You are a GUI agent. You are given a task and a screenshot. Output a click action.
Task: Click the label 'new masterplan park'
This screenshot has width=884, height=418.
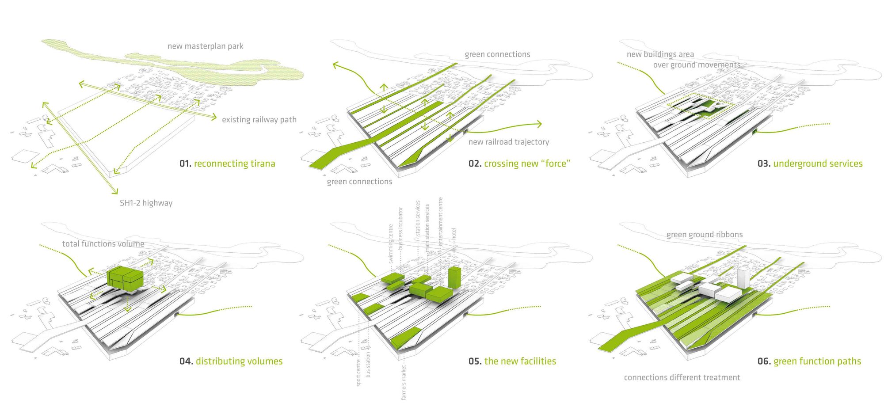[x=205, y=46]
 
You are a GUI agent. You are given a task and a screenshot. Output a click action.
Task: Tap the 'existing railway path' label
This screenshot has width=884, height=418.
[x=259, y=120]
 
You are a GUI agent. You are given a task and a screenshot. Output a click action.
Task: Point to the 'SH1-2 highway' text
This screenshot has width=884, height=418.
[x=146, y=203]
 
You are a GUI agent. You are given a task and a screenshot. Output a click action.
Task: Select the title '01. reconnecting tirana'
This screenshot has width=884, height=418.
[x=227, y=163]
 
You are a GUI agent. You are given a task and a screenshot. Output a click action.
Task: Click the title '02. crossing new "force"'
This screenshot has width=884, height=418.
[x=519, y=163]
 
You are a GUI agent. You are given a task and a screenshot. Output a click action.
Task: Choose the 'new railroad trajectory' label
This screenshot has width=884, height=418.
[x=509, y=142]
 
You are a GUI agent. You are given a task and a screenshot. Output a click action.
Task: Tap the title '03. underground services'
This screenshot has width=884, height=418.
[x=810, y=163]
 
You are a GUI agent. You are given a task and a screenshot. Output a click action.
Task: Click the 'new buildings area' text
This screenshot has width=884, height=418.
[x=660, y=54]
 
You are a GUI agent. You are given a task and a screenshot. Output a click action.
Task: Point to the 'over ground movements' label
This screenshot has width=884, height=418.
[x=697, y=65]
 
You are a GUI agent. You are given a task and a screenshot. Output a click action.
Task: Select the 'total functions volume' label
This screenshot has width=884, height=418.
[x=103, y=244]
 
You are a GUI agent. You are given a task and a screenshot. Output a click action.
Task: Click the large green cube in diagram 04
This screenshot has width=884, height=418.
[x=125, y=278]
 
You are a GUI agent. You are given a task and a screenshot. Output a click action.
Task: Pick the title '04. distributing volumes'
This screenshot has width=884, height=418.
[x=231, y=361]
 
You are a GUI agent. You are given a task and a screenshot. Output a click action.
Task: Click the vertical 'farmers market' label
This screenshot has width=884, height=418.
[x=404, y=382]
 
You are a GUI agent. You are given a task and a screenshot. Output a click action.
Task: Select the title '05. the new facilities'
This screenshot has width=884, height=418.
[x=512, y=361]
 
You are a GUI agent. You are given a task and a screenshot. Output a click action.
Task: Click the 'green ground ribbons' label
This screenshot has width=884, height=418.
[x=705, y=235]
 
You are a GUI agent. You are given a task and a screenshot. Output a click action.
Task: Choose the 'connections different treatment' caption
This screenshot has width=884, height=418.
[x=682, y=377]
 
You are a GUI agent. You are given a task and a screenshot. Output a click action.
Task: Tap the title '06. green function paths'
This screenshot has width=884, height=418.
[x=809, y=361]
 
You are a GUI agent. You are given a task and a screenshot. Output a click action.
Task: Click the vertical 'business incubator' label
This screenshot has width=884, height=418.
[x=400, y=228]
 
